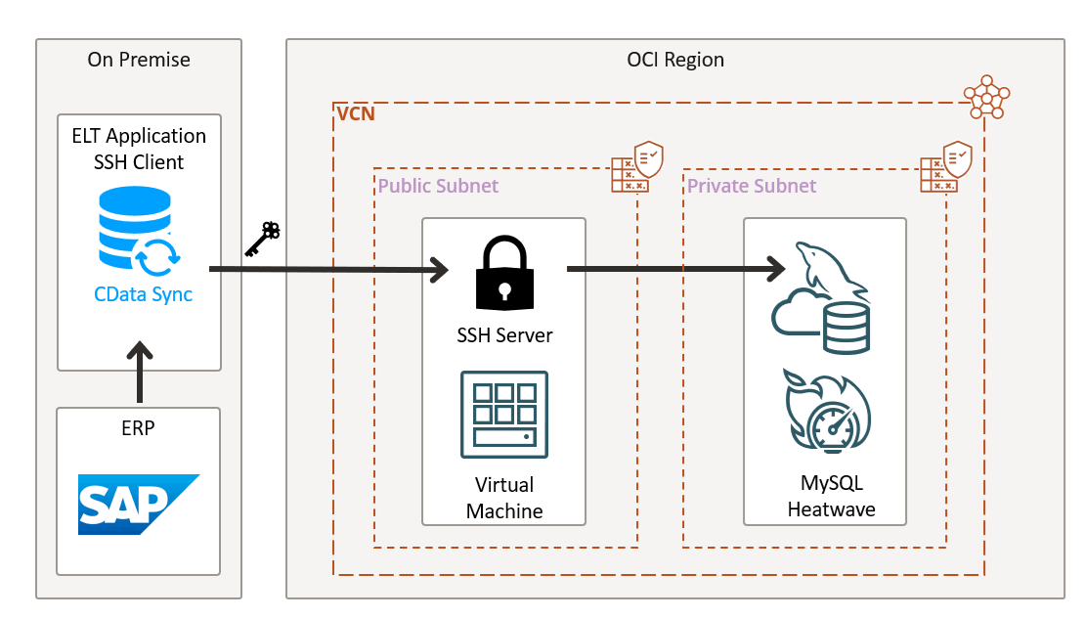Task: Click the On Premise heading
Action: pos(139,60)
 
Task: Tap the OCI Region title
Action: pos(675,60)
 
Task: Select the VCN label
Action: pos(356,114)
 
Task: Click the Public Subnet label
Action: pos(438,186)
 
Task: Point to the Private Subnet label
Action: pos(752,186)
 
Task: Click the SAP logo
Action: pos(139,505)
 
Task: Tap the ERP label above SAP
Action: pos(139,428)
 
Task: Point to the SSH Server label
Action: pos(504,335)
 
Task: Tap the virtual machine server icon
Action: pos(504,414)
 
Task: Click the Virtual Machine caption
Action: pos(504,498)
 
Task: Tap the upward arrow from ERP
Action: pos(140,372)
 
